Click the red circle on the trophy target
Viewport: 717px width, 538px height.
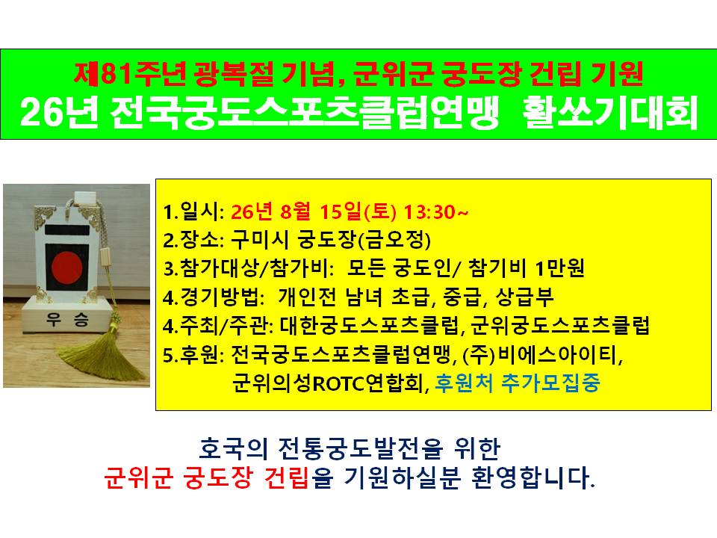coord(66,267)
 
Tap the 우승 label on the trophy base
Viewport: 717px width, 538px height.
coord(67,319)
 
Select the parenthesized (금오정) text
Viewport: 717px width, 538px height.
coord(394,240)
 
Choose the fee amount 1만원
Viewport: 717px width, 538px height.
coord(559,268)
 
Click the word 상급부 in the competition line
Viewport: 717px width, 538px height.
coord(525,297)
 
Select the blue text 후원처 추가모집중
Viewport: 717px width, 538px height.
coord(517,383)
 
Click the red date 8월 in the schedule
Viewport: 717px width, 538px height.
coord(295,211)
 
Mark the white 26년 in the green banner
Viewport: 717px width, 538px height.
coord(58,113)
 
